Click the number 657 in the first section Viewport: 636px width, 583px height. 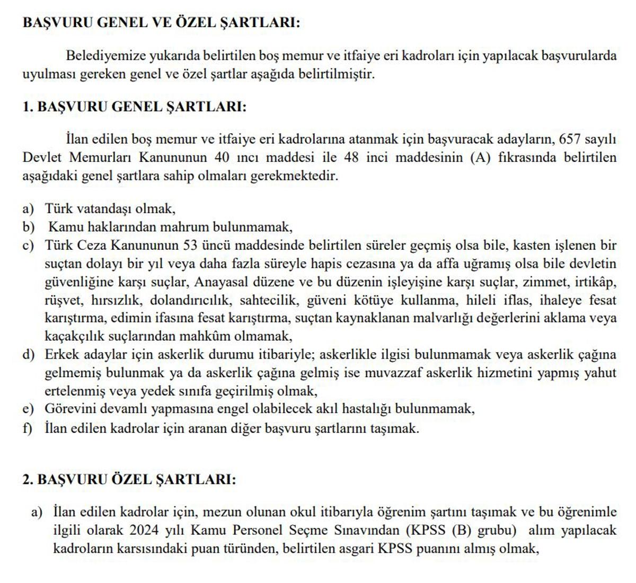point(570,140)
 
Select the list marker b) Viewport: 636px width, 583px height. point(28,227)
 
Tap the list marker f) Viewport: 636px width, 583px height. point(28,428)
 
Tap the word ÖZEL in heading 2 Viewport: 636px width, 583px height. point(130,480)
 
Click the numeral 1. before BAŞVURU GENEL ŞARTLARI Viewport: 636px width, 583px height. point(28,107)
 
